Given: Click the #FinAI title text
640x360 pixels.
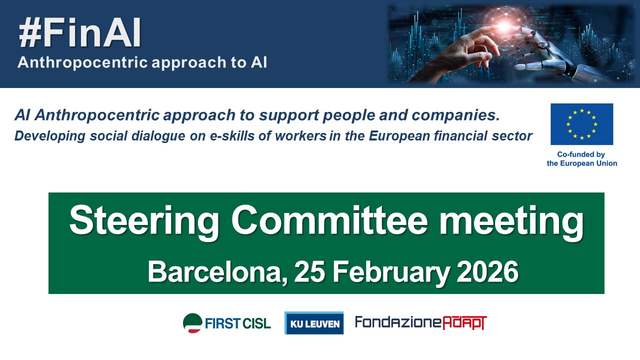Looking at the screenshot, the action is pos(80,33).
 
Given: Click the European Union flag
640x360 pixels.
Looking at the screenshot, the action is pos(581,124).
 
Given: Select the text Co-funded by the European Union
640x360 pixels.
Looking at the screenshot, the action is pos(581,159).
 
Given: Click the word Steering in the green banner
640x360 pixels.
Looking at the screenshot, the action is pos(144,222).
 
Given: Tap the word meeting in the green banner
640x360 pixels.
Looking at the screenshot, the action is pos(511,222).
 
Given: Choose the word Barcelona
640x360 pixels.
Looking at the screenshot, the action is pos(217,272).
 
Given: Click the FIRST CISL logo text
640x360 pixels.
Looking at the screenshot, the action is pos(237,323).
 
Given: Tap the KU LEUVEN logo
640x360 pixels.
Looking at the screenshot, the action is pos(314,323).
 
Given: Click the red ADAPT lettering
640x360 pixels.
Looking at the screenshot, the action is pos(465,323).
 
